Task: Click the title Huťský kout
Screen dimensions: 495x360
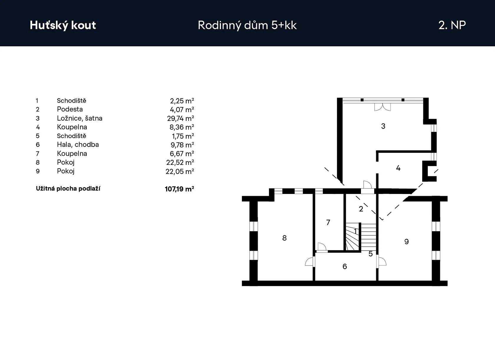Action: (x=63, y=25)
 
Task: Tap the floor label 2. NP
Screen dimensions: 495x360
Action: (x=452, y=25)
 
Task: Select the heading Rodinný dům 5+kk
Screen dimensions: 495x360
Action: (x=247, y=25)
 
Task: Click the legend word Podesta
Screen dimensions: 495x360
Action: (x=70, y=109)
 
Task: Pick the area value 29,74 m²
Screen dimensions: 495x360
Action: (x=181, y=118)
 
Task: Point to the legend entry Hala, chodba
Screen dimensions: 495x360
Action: (x=78, y=144)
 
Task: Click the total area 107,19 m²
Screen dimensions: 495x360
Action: (x=179, y=189)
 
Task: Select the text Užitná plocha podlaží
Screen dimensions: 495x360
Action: (x=68, y=188)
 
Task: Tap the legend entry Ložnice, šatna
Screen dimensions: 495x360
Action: (x=80, y=118)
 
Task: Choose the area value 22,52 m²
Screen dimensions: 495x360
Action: (x=180, y=162)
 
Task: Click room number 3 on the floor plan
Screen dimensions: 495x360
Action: (x=383, y=126)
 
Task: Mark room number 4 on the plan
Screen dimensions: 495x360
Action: (x=398, y=168)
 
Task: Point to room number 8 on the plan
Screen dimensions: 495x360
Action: (x=284, y=238)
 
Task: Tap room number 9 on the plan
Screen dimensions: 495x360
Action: (x=406, y=241)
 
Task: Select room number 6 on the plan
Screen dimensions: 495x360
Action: (x=345, y=267)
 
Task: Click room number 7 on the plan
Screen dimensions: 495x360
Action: (x=328, y=222)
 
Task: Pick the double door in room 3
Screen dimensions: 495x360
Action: (x=382, y=107)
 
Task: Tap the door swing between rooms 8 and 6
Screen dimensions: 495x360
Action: (x=309, y=261)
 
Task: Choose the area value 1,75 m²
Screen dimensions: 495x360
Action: (x=183, y=136)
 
